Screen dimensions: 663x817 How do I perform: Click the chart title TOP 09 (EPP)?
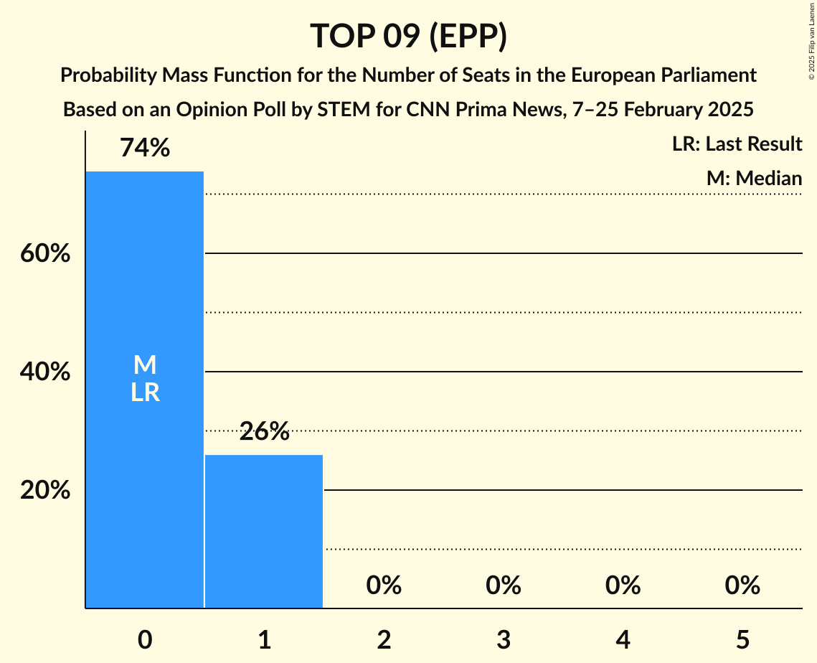tap(408, 36)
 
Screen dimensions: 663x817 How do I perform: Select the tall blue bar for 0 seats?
tap(145, 466)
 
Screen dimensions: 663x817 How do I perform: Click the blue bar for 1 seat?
tap(264, 531)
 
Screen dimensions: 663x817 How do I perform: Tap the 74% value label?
tap(145, 148)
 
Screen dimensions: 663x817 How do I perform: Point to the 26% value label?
tap(264, 431)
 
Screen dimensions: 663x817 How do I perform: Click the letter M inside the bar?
tap(145, 365)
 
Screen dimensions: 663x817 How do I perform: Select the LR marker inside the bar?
tap(145, 392)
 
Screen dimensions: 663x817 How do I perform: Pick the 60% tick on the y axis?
tap(44, 254)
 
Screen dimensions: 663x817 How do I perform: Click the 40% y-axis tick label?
tap(44, 372)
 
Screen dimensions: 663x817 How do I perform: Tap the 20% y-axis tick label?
tap(44, 491)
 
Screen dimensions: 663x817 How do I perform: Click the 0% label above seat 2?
tap(384, 586)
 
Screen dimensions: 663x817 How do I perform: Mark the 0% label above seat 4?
tap(623, 586)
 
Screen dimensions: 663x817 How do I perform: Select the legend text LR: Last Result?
tap(737, 144)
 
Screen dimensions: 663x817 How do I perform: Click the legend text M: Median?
tap(754, 178)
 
